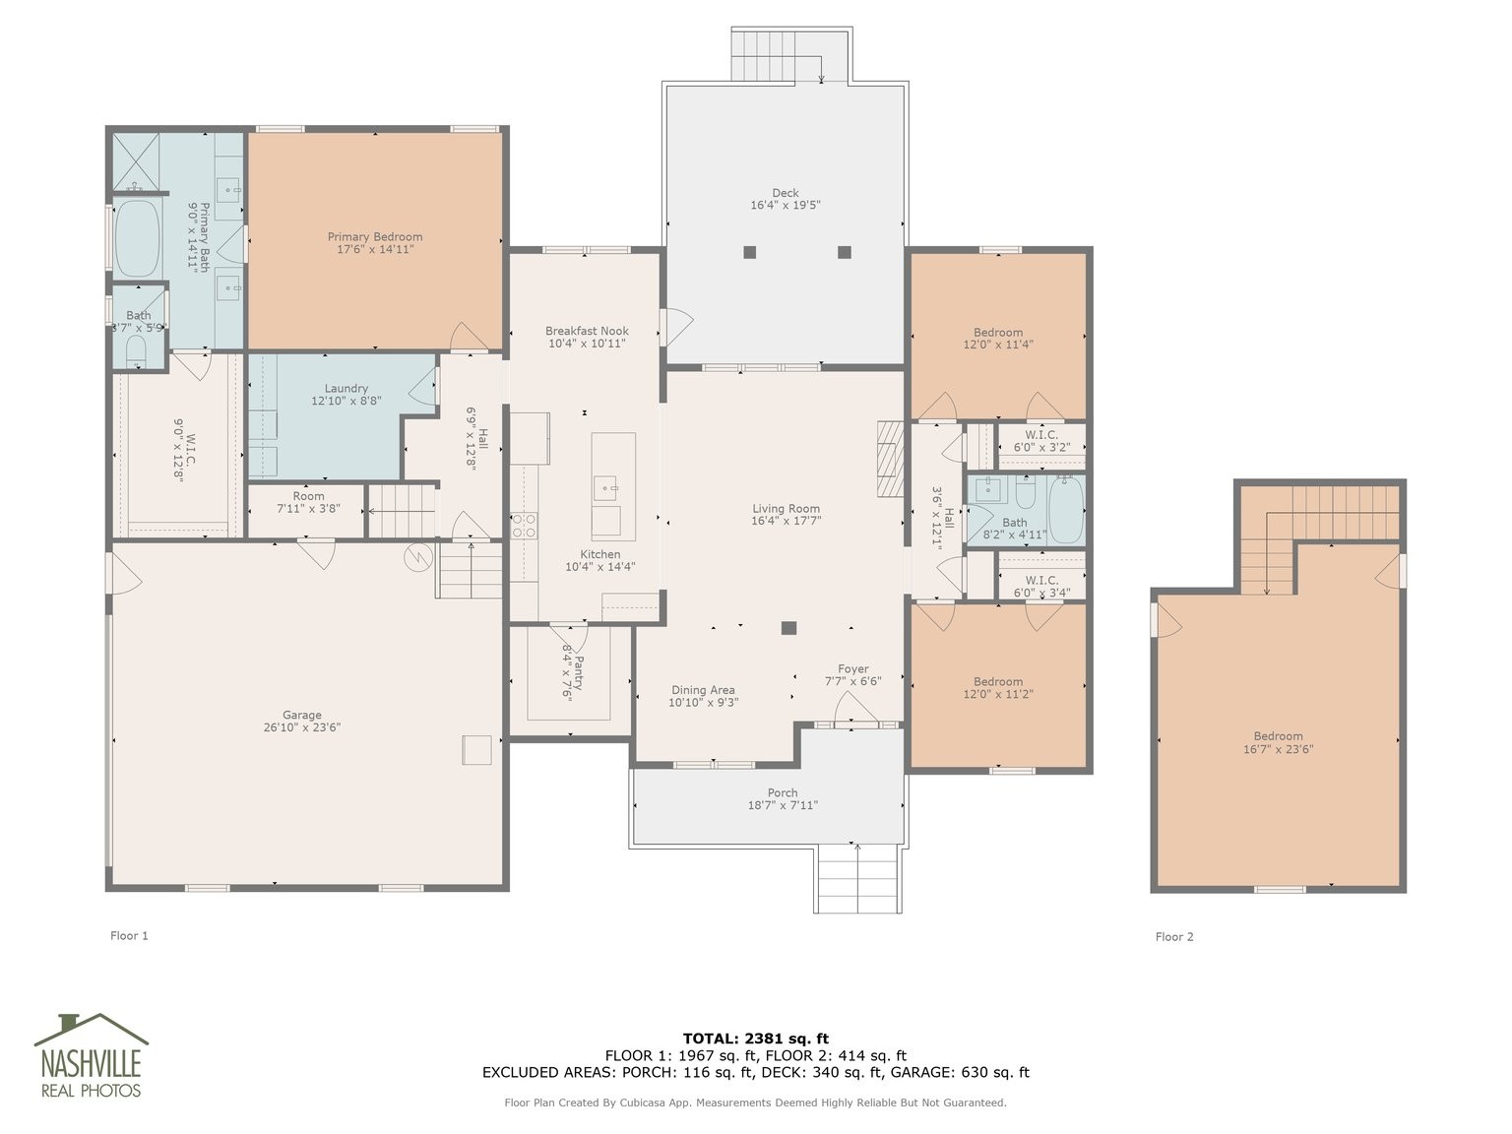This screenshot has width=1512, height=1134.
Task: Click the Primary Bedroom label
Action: [x=375, y=237]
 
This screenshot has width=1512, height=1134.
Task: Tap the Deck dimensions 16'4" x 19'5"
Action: [x=786, y=205]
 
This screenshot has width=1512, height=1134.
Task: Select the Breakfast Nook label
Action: [x=587, y=331]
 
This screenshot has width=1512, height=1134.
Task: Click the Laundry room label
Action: [x=346, y=388]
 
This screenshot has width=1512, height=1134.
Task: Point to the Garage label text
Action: [x=302, y=715]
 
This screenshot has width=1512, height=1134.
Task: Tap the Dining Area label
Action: [x=703, y=690]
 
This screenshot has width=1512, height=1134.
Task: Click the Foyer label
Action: [x=852, y=668]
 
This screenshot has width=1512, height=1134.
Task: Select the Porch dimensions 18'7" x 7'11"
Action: [x=783, y=805]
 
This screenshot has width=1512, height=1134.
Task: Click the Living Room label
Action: [x=786, y=508]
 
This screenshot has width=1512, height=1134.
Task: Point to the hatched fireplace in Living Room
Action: [x=890, y=459]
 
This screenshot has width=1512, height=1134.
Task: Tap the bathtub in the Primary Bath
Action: [x=137, y=239]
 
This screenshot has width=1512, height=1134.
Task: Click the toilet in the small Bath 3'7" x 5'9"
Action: [x=136, y=349]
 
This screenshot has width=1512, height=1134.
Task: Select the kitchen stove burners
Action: [x=524, y=526]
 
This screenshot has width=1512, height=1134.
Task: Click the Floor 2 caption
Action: [x=1174, y=936]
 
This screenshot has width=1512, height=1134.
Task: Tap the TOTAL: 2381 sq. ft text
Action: [x=756, y=1039]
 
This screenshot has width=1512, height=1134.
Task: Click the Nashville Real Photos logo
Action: [x=91, y=1055]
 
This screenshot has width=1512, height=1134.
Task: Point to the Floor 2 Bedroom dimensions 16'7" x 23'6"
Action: [x=1279, y=749]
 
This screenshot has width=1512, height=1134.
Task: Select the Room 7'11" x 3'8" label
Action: [x=308, y=502]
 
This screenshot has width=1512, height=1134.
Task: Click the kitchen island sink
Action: [x=605, y=488]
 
